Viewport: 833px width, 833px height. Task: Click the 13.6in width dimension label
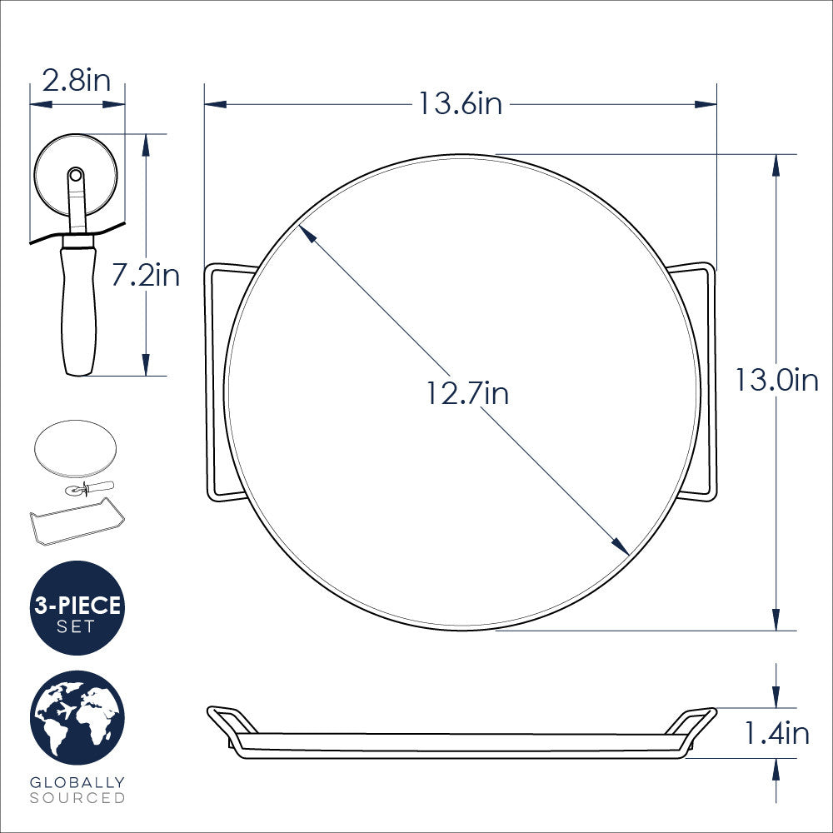(460, 104)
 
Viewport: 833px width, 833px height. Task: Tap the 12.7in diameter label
(467, 392)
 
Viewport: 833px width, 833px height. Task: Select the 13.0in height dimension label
(776, 380)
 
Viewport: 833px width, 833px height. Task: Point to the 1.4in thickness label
(776, 733)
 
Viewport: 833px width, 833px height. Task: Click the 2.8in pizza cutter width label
(77, 82)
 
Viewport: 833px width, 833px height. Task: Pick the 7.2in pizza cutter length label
(146, 274)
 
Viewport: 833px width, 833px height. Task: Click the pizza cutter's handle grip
(78, 308)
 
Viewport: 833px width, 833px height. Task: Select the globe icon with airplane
(77, 718)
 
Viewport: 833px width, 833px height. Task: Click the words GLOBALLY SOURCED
(77, 790)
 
